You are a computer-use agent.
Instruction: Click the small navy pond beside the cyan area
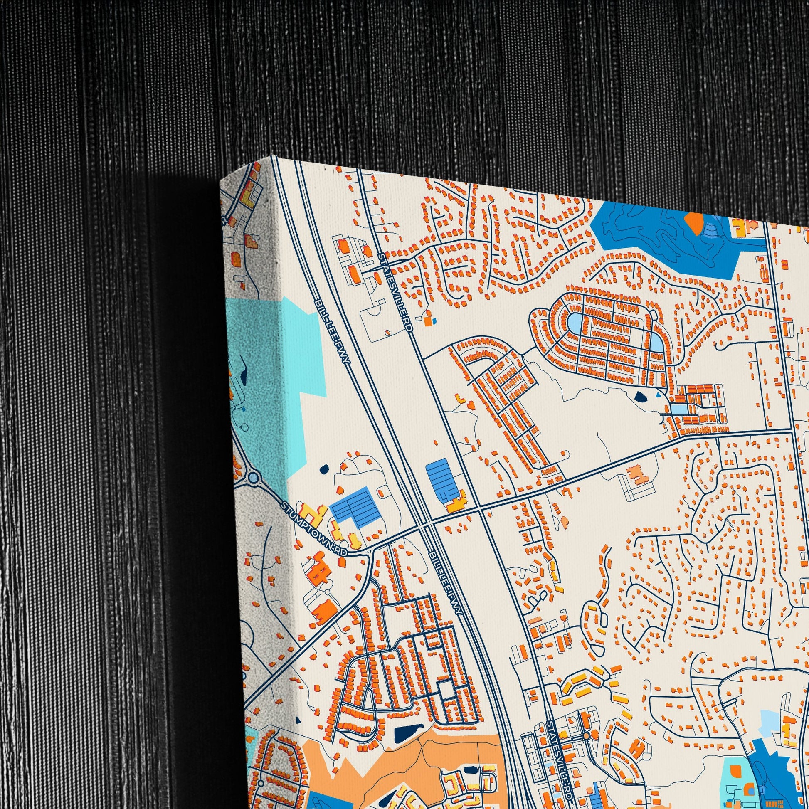click(x=324, y=469)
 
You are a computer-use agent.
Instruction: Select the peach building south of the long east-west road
click(x=636, y=475)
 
